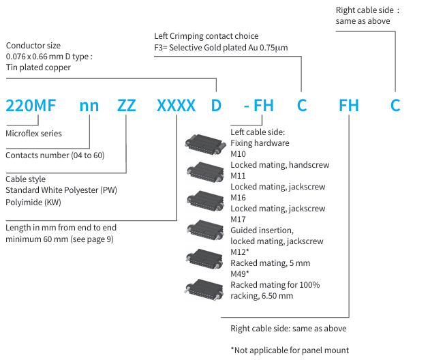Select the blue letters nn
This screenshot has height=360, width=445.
pyautogui.click(x=89, y=106)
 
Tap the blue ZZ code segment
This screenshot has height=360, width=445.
pyautogui.click(x=126, y=106)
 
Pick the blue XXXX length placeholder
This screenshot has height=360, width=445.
pyautogui.click(x=176, y=106)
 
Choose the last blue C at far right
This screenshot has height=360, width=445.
pyautogui.click(x=395, y=106)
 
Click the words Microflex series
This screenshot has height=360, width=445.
pyautogui.click(x=33, y=134)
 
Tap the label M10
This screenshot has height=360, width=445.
pyautogui.click(x=239, y=154)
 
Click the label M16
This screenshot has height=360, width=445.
pyautogui.click(x=239, y=198)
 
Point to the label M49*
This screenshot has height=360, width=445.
pyautogui.click(x=241, y=274)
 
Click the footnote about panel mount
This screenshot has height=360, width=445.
pyautogui.click(x=290, y=350)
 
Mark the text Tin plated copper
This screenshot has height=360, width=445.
pyautogui.click(x=38, y=67)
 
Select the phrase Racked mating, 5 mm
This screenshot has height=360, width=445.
pyautogui.click(x=270, y=263)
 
